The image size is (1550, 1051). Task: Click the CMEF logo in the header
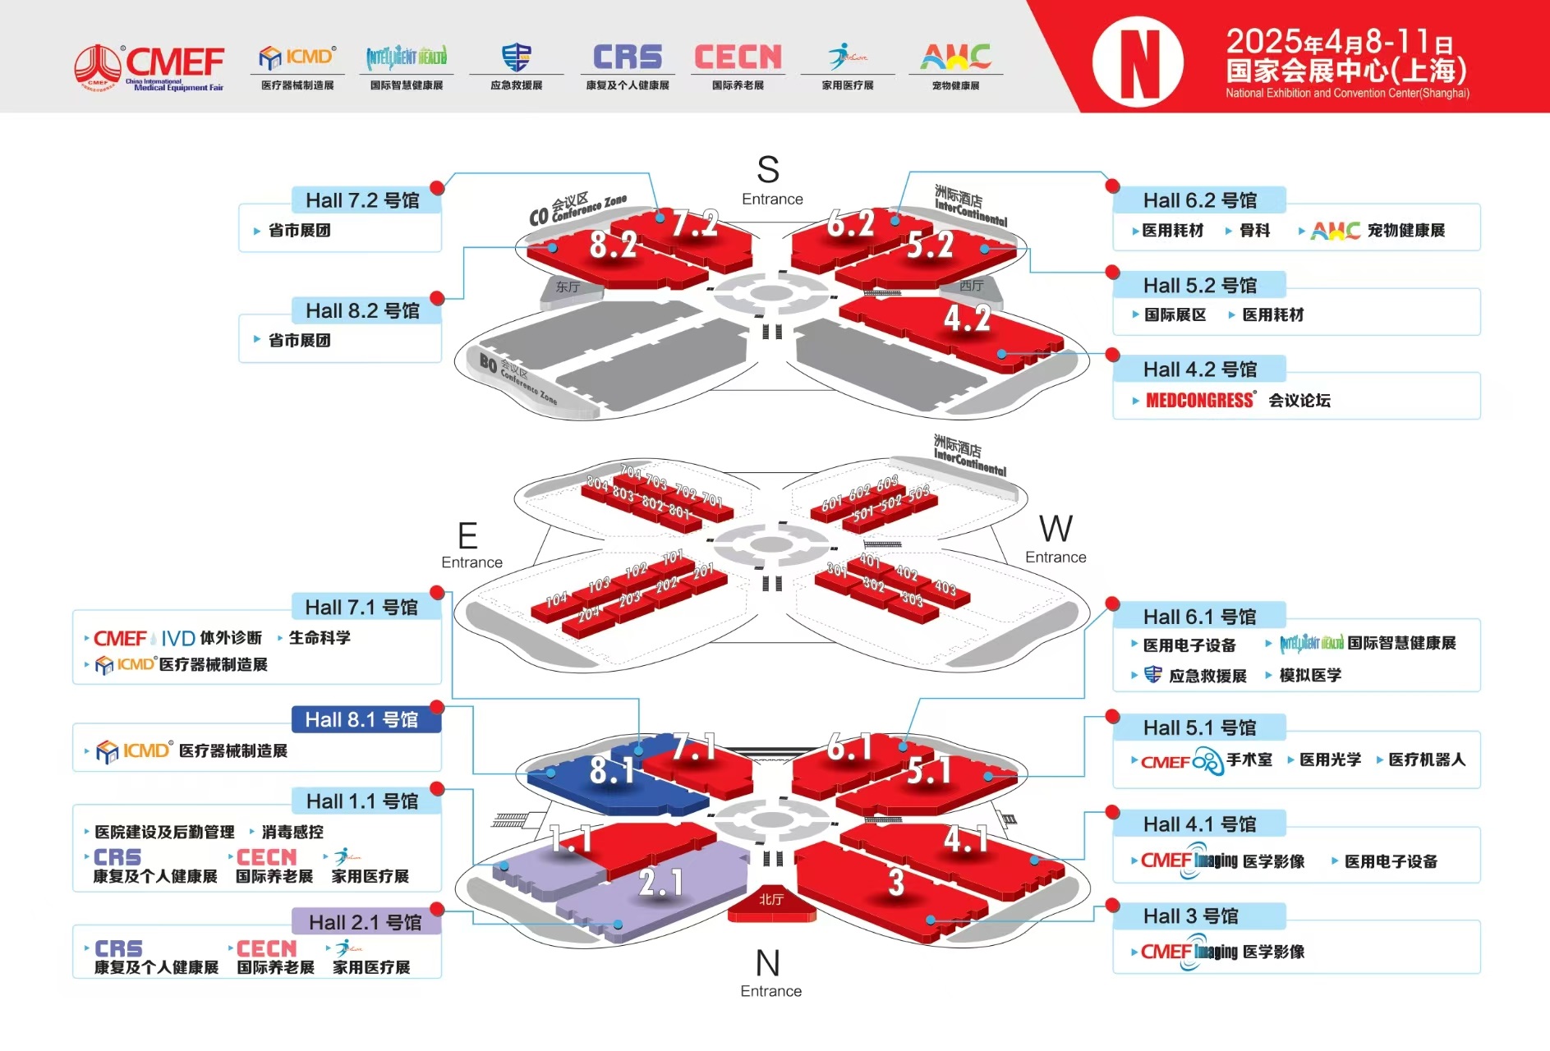click(149, 67)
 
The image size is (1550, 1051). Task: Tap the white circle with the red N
click(1138, 62)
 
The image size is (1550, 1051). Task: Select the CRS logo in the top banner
click(628, 57)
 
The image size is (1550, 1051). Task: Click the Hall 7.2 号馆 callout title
click(362, 200)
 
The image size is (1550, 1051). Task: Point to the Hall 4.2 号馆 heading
click(1199, 369)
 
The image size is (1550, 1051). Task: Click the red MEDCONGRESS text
click(1199, 401)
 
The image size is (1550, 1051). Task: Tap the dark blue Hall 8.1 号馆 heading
click(362, 720)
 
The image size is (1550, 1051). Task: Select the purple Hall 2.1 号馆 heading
click(365, 922)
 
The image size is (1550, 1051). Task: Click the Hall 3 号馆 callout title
click(1190, 916)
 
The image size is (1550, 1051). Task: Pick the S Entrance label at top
click(770, 181)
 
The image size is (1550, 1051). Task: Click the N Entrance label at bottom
click(770, 973)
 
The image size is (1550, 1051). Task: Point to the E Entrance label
click(470, 546)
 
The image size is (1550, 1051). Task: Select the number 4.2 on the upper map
click(967, 319)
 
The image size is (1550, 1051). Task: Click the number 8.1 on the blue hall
click(612, 770)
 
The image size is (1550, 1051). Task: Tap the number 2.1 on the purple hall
click(660, 883)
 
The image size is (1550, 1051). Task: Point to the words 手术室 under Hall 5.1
click(1249, 760)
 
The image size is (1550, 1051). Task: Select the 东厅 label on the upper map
click(568, 287)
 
